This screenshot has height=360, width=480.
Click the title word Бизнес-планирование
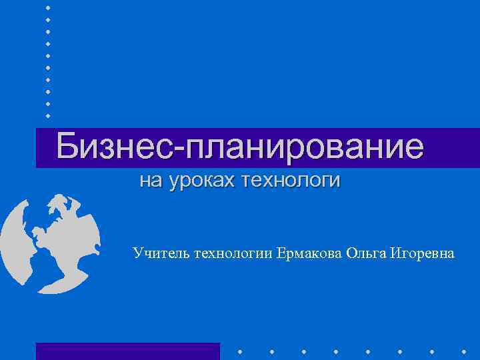[239, 147]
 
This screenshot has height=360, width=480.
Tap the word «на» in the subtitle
[150, 181]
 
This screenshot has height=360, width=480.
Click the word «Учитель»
[161, 253]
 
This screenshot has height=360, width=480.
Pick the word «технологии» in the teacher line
[233, 253]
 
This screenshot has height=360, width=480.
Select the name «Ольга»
[367, 253]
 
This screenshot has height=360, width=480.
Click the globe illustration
[50, 243]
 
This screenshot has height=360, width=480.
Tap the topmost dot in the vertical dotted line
[48, 7]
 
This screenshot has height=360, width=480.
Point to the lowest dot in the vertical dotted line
[48, 116]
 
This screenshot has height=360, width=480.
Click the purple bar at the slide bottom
[127, 351]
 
